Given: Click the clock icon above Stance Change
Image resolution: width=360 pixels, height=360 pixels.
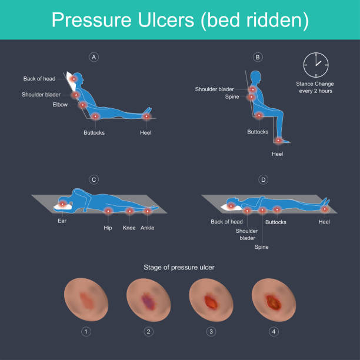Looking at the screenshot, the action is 316,65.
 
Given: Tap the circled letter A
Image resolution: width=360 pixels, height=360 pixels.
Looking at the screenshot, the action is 94,57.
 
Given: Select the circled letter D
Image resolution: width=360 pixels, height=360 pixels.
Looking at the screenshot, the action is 264,179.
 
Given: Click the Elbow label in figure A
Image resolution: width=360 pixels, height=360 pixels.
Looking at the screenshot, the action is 60,105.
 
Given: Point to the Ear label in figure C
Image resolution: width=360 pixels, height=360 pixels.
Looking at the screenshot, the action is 62,221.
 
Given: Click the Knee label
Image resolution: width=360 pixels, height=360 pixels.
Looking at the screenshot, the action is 129,228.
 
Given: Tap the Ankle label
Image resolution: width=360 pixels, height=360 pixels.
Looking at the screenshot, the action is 148,228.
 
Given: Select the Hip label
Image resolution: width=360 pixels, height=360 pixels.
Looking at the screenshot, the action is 108,228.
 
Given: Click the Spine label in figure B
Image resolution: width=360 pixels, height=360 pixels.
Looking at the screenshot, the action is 232,97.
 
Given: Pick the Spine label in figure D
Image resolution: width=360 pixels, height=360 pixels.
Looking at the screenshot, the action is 262,247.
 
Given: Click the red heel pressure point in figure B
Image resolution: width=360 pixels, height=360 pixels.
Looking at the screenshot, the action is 278,140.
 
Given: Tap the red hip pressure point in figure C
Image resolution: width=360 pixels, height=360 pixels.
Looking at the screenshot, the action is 108,211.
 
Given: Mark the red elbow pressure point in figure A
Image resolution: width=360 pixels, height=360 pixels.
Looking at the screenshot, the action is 83,105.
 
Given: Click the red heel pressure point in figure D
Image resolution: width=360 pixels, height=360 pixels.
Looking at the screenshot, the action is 325,209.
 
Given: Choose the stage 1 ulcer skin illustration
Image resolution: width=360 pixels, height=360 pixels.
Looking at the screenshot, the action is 86,299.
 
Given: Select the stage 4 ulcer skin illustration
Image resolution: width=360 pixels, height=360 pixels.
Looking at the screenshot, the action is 274,299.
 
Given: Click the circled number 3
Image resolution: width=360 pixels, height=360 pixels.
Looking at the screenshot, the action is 211,332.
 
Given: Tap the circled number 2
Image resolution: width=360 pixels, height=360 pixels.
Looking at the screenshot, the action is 149,332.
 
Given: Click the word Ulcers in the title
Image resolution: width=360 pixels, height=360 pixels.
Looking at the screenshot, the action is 166,20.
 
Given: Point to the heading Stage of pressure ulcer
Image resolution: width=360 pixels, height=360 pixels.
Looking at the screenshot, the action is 179,268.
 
